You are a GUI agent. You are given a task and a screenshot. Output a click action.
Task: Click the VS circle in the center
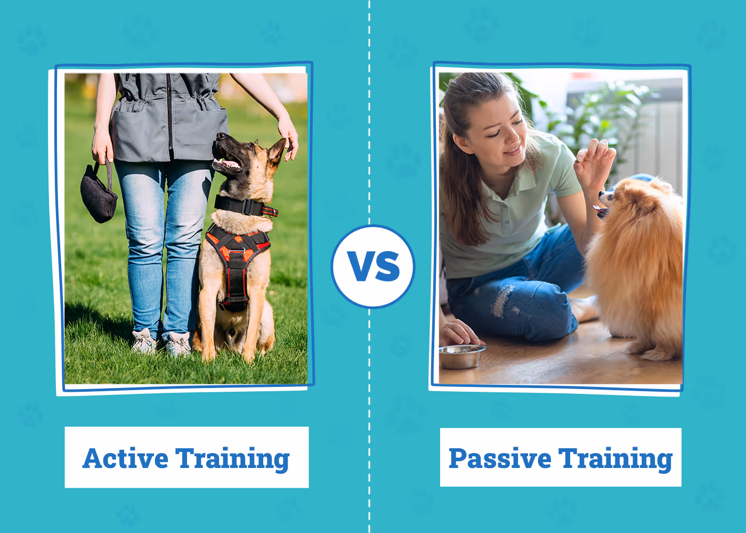(373, 266)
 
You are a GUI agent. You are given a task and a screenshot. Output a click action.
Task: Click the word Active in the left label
(125, 458)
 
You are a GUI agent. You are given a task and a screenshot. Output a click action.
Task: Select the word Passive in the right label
(500, 458)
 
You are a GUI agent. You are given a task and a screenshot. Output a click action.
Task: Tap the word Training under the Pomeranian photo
(615, 459)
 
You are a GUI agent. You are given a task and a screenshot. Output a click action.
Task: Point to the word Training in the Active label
(232, 459)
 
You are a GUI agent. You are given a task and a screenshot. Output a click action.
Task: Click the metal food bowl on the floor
(462, 357)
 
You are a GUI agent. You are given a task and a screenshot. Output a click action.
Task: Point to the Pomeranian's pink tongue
(600, 209)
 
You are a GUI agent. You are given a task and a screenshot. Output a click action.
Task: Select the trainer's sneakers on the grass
(161, 342)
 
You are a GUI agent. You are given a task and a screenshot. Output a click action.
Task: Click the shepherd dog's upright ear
(277, 151)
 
